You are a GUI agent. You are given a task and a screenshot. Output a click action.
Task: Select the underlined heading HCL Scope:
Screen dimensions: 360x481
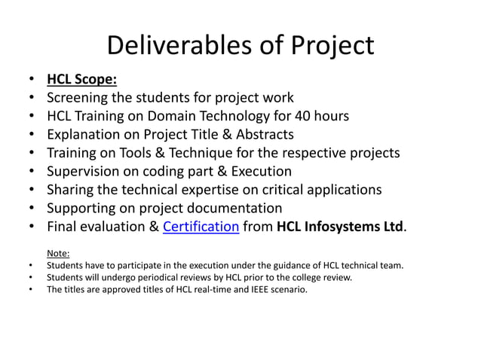[81, 79]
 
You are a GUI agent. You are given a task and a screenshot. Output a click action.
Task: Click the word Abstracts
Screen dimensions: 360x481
[258, 135]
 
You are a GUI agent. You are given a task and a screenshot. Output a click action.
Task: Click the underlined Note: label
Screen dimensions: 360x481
[58, 254]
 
